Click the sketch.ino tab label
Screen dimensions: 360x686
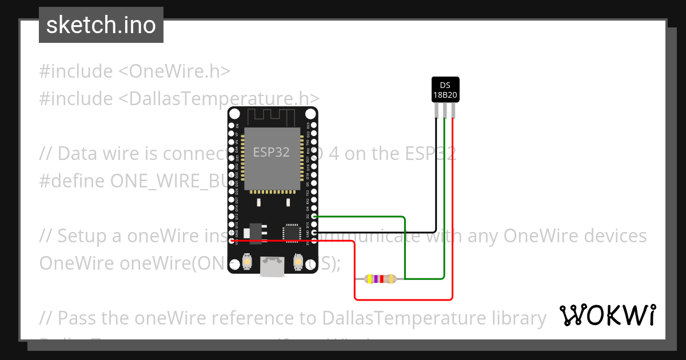pyautogui.click(x=101, y=26)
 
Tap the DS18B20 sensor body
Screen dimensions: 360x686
pyautogui.click(x=445, y=89)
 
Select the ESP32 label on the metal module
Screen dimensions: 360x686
pyautogui.click(x=271, y=152)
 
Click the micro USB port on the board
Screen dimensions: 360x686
pyautogui.click(x=273, y=266)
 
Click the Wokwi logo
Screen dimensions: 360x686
pyautogui.click(x=607, y=315)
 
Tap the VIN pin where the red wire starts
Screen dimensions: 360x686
pyautogui.click(x=232, y=241)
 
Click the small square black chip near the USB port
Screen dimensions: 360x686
pyautogui.click(x=291, y=233)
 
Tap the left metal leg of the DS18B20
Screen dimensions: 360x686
pyautogui.click(x=437, y=110)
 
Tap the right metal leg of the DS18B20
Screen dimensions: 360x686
pyautogui.click(x=453, y=110)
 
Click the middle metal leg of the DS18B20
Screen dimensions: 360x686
pyautogui.click(x=445, y=110)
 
